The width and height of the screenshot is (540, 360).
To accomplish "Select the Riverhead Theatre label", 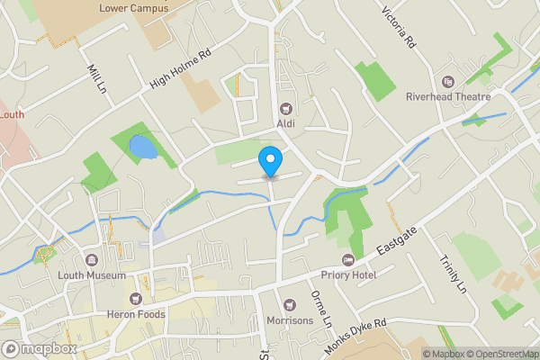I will pyautogui.click(x=447, y=96).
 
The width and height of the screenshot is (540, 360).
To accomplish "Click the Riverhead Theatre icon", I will pyautogui.click(x=447, y=81).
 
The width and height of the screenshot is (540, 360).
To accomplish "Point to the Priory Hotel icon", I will pyautogui.click(x=346, y=260).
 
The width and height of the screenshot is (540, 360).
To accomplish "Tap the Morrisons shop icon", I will pyautogui.click(x=289, y=307).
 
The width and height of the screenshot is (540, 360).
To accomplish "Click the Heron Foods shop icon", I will pyautogui.click(x=137, y=297).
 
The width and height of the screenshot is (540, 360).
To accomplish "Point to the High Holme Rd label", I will pyautogui.click(x=180, y=68).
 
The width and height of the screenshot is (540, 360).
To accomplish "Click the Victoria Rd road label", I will pyautogui.click(x=398, y=28).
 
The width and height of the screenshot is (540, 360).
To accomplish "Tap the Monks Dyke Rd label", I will pyautogui.click(x=355, y=335).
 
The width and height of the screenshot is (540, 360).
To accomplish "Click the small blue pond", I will pyautogui.click(x=142, y=148).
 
